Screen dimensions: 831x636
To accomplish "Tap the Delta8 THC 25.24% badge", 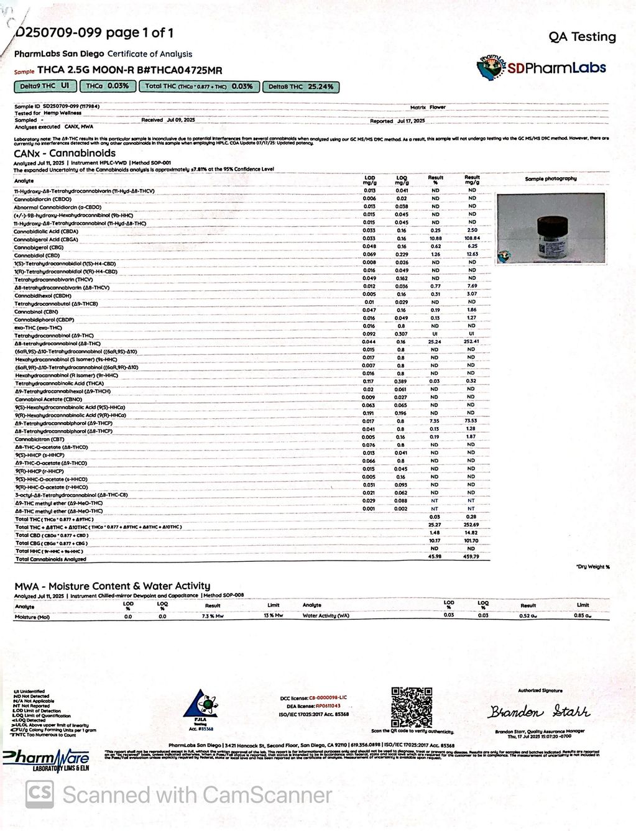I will click(x=301, y=87).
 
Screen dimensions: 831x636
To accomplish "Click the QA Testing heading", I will click(x=582, y=37).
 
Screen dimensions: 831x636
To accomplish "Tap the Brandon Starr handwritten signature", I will click(x=538, y=712).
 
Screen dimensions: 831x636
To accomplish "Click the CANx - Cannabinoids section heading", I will click(x=65, y=153).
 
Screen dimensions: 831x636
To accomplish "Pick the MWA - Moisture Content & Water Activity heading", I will click(x=113, y=585).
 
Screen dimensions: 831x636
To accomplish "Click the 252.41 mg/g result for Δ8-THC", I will click(x=472, y=342).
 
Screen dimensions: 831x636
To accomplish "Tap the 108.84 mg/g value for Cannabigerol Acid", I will click(x=472, y=239).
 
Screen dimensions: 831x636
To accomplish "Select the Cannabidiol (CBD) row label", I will click(x=37, y=255).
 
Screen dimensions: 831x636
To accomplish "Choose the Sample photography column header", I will click(x=550, y=179).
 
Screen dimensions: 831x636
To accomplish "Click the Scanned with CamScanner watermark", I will click(x=180, y=794).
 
